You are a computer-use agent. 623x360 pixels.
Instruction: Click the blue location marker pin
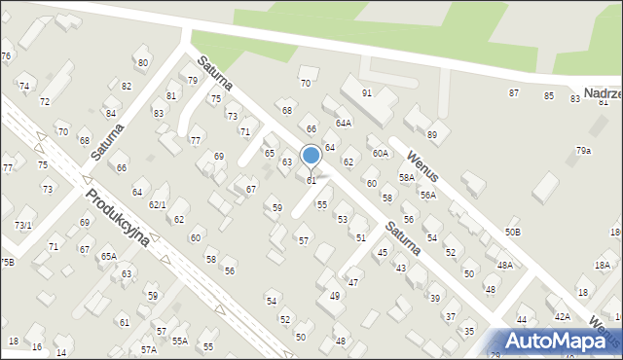311,157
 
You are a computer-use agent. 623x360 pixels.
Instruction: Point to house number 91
367,93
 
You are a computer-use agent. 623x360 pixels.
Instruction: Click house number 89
432,134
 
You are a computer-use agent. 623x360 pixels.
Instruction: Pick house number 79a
583,151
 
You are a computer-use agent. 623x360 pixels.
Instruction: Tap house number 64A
344,124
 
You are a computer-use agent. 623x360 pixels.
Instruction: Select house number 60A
380,154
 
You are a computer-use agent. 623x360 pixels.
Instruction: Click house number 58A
407,178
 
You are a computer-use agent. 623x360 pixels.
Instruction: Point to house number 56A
428,195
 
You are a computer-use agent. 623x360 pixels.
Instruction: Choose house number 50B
512,232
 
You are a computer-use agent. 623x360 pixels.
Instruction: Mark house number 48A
504,265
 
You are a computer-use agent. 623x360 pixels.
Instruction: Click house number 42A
563,316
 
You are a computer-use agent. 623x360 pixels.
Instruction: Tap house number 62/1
157,204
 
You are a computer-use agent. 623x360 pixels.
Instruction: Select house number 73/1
23,225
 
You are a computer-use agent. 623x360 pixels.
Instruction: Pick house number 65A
109,256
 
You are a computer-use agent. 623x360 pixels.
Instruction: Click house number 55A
180,342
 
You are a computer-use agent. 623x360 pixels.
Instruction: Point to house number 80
143,62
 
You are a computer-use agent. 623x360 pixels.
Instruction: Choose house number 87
514,93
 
